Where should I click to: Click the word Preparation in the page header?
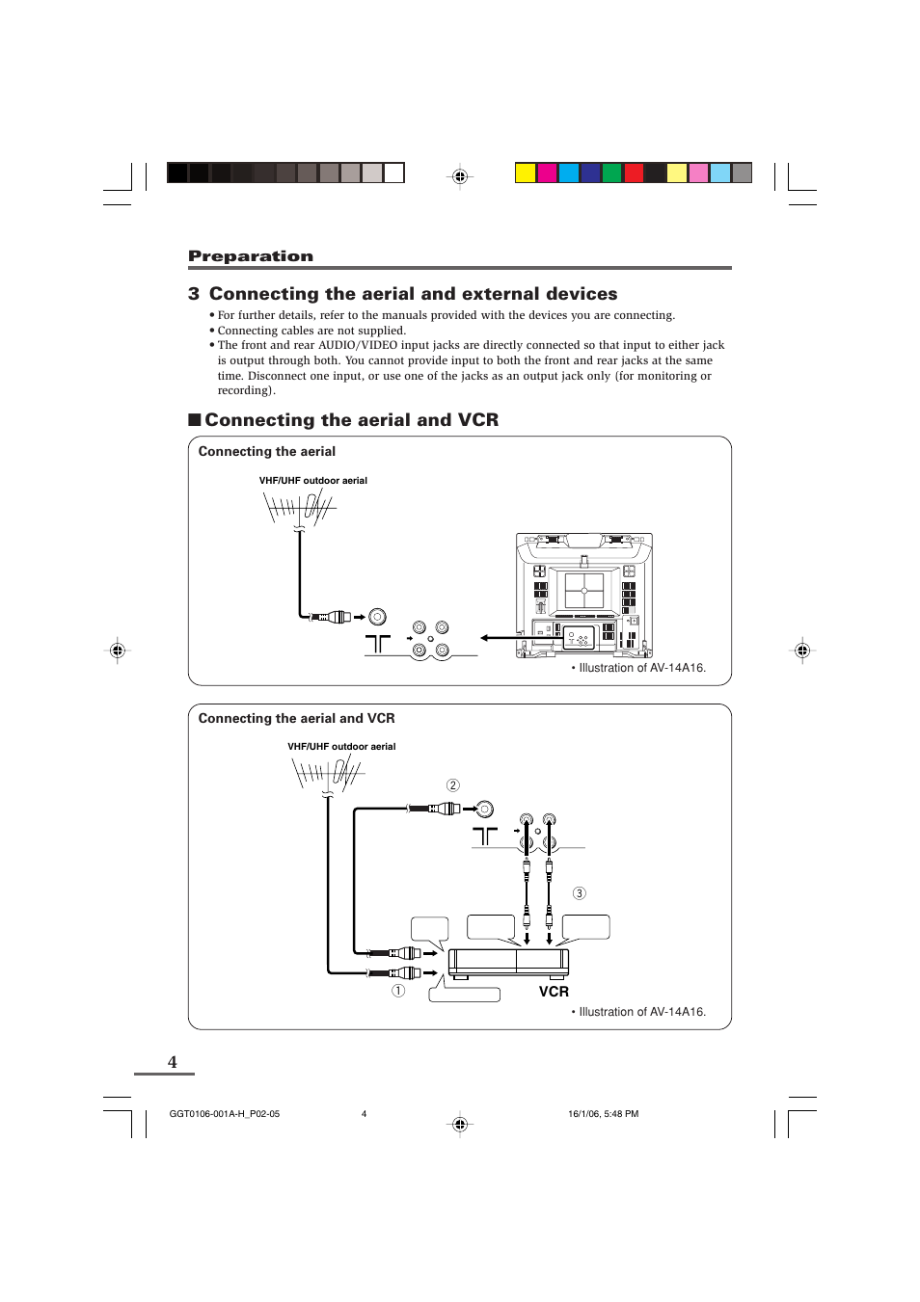(x=250, y=256)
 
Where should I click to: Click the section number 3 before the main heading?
(x=194, y=294)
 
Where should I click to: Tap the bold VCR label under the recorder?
(x=554, y=992)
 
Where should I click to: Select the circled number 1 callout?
(x=398, y=991)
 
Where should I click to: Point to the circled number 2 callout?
(x=453, y=785)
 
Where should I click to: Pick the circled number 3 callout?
(x=580, y=893)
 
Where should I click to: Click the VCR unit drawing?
(x=508, y=962)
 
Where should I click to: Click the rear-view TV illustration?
(x=584, y=596)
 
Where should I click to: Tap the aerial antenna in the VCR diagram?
(x=327, y=772)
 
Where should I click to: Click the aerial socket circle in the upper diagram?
(x=378, y=617)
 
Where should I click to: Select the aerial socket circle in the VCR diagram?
(x=485, y=809)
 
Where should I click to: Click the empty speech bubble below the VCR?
(x=465, y=995)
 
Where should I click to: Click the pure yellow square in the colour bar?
(x=526, y=173)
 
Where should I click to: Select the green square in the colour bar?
(x=611, y=173)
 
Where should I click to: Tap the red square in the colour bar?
(x=634, y=173)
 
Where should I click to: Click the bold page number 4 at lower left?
(x=173, y=1062)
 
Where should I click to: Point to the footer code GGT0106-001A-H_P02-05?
(x=225, y=1114)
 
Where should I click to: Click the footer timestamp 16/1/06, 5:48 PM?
(x=603, y=1114)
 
